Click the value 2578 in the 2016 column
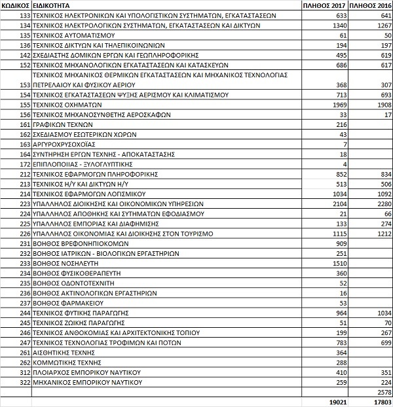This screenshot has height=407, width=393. pos(383,391)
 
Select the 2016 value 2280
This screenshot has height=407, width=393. pos(383,203)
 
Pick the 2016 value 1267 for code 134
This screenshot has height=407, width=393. pos(383,25)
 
